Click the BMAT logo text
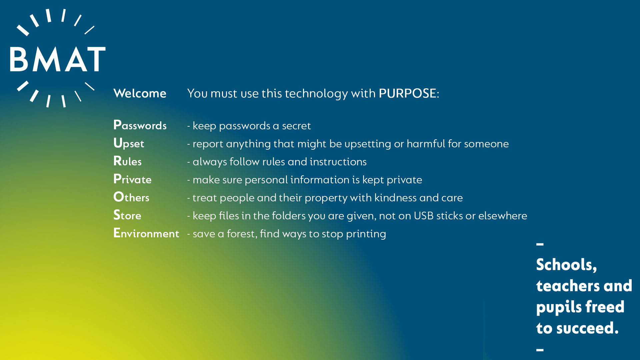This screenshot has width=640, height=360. (x=58, y=59)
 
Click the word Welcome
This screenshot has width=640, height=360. (x=140, y=93)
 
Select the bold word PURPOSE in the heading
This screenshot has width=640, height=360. (x=407, y=93)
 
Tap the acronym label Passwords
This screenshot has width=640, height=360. (x=140, y=125)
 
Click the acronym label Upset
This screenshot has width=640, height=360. (x=129, y=143)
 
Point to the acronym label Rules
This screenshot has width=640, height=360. (x=127, y=161)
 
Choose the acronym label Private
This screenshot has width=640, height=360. (x=132, y=179)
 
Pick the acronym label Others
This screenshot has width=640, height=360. (x=131, y=197)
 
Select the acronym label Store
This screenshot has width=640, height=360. (x=127, y=215)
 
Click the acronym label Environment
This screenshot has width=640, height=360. (x=146, y=233)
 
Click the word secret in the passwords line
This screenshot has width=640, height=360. (x=296, y=126)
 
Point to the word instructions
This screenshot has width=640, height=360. (x=338, y=162)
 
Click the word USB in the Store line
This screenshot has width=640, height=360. (x=424, y=216)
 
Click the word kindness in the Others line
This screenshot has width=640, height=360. (x=395, y=198)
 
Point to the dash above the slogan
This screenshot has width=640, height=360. (x=540, y=244)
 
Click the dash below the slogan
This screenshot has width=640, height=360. (x=540, y=350)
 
